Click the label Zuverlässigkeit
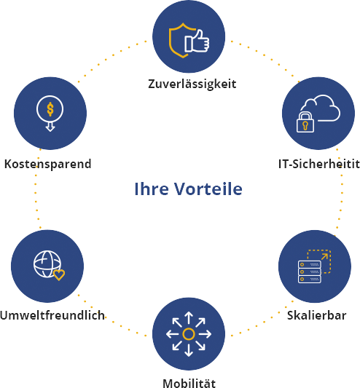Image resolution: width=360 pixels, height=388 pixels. [192, 84]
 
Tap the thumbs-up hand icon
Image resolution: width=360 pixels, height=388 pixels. [197, 41]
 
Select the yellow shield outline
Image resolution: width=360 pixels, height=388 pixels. [179, 40]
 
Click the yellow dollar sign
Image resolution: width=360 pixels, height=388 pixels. [50, 109]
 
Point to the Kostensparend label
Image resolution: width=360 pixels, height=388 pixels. [48, 164]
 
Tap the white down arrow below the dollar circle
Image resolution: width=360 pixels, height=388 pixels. [50, 127]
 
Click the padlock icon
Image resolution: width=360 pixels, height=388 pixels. [305, 122]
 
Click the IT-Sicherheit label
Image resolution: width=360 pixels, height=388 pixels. [319, 164]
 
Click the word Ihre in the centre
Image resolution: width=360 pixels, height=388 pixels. [152, 189]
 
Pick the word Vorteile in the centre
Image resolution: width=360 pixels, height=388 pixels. [208, 189]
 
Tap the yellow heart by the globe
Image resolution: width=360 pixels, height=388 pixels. [59, 275]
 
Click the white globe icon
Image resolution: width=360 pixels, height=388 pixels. [47, 264]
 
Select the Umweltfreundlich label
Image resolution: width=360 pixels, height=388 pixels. [52, 315]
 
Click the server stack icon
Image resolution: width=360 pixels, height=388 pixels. [310, 272]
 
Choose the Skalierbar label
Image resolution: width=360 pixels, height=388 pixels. [317, 315]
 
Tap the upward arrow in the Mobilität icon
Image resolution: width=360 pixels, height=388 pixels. [189, 317]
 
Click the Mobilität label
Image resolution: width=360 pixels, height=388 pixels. [189, 383]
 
